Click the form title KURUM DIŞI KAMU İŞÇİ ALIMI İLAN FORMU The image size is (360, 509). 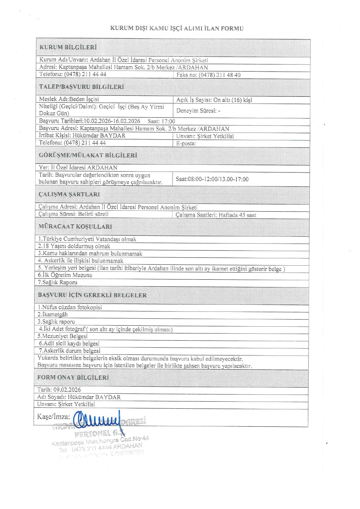pyautogui.click(x=177, y=28)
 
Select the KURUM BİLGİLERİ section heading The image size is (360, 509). pyautogui.click(x=68, y=47)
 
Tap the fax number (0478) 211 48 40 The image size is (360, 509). pyautogui.click(x=209, y=75)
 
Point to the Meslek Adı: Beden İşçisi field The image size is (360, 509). pyautogui.click(x=69, y=99)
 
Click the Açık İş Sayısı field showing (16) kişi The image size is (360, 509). pyautogui.click(x=214, y=100)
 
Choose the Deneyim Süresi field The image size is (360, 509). pyautogui.click(x=198, y=111)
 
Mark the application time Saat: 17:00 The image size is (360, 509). pyautogui.click(x=161, y=121)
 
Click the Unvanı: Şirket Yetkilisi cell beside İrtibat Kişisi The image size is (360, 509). pyautogui.click(x=205, y=136)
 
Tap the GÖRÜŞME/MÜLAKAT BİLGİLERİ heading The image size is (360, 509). pyautogui.click(x=88, y=155)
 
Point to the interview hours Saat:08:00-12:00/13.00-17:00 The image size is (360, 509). pyautogui.click(x=212, y=179)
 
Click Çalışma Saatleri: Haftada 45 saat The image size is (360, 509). pyautogui.click(x=216, y=215)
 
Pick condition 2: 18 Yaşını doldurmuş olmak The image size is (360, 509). pyautogui.click(x=74, y=246)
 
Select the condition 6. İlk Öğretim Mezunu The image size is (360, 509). pyautogui.click(x=65, y=275)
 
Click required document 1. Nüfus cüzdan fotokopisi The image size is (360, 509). pyautogui.click(x=70, y=308)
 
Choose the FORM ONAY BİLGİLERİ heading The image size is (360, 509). pyautogui.click(x=73, y=378)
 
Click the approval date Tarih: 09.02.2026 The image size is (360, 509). pyautogui.click(x=59, y=390)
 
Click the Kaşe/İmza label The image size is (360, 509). pyautogui.click(x=53, y=417)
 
